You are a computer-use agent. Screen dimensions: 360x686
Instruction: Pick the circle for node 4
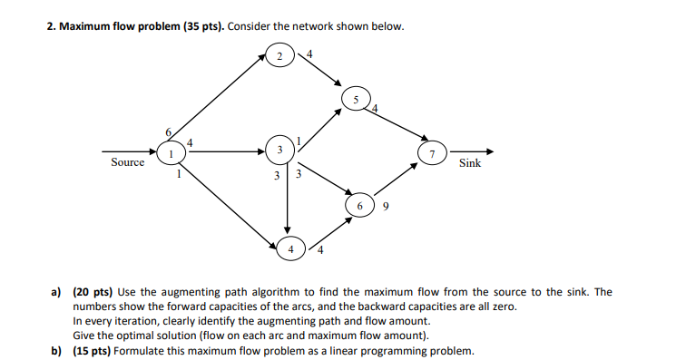pos(290,247)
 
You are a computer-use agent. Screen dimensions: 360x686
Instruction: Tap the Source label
pos(127,163)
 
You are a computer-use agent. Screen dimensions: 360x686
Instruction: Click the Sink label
pos(470,164)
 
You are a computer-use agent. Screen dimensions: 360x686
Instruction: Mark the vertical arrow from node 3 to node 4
pos(288,199)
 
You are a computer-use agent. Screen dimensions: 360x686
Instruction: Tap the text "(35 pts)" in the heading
pos(201,25)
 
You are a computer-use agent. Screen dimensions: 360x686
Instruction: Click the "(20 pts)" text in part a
pos(93,292)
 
